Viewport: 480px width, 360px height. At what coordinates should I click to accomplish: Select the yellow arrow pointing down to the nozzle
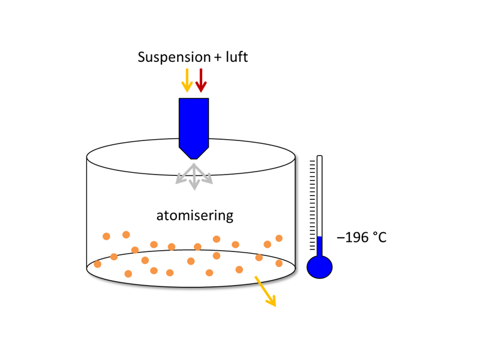point(187,80)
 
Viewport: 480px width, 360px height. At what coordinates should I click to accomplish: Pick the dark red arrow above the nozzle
point(201,80)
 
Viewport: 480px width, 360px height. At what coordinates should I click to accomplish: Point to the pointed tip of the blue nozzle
point(194,157)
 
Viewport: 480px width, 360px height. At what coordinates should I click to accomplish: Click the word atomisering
point(195,215)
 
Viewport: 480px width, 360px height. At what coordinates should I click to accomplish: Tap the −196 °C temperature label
point(361,238)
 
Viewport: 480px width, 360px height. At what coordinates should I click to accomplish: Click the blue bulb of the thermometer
point(319,266)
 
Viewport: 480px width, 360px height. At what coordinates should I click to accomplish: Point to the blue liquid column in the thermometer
point(319,246)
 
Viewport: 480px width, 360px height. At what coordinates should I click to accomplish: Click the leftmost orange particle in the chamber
point(98,264)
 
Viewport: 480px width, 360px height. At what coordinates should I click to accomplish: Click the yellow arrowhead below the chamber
point(272,301)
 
